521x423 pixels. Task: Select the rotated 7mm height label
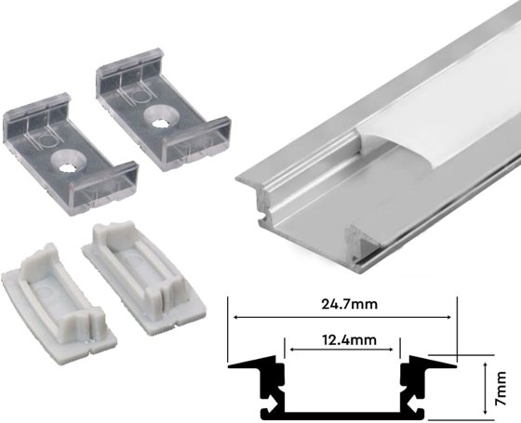tap(502, 388)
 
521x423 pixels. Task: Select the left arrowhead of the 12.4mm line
tap(292, 350)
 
